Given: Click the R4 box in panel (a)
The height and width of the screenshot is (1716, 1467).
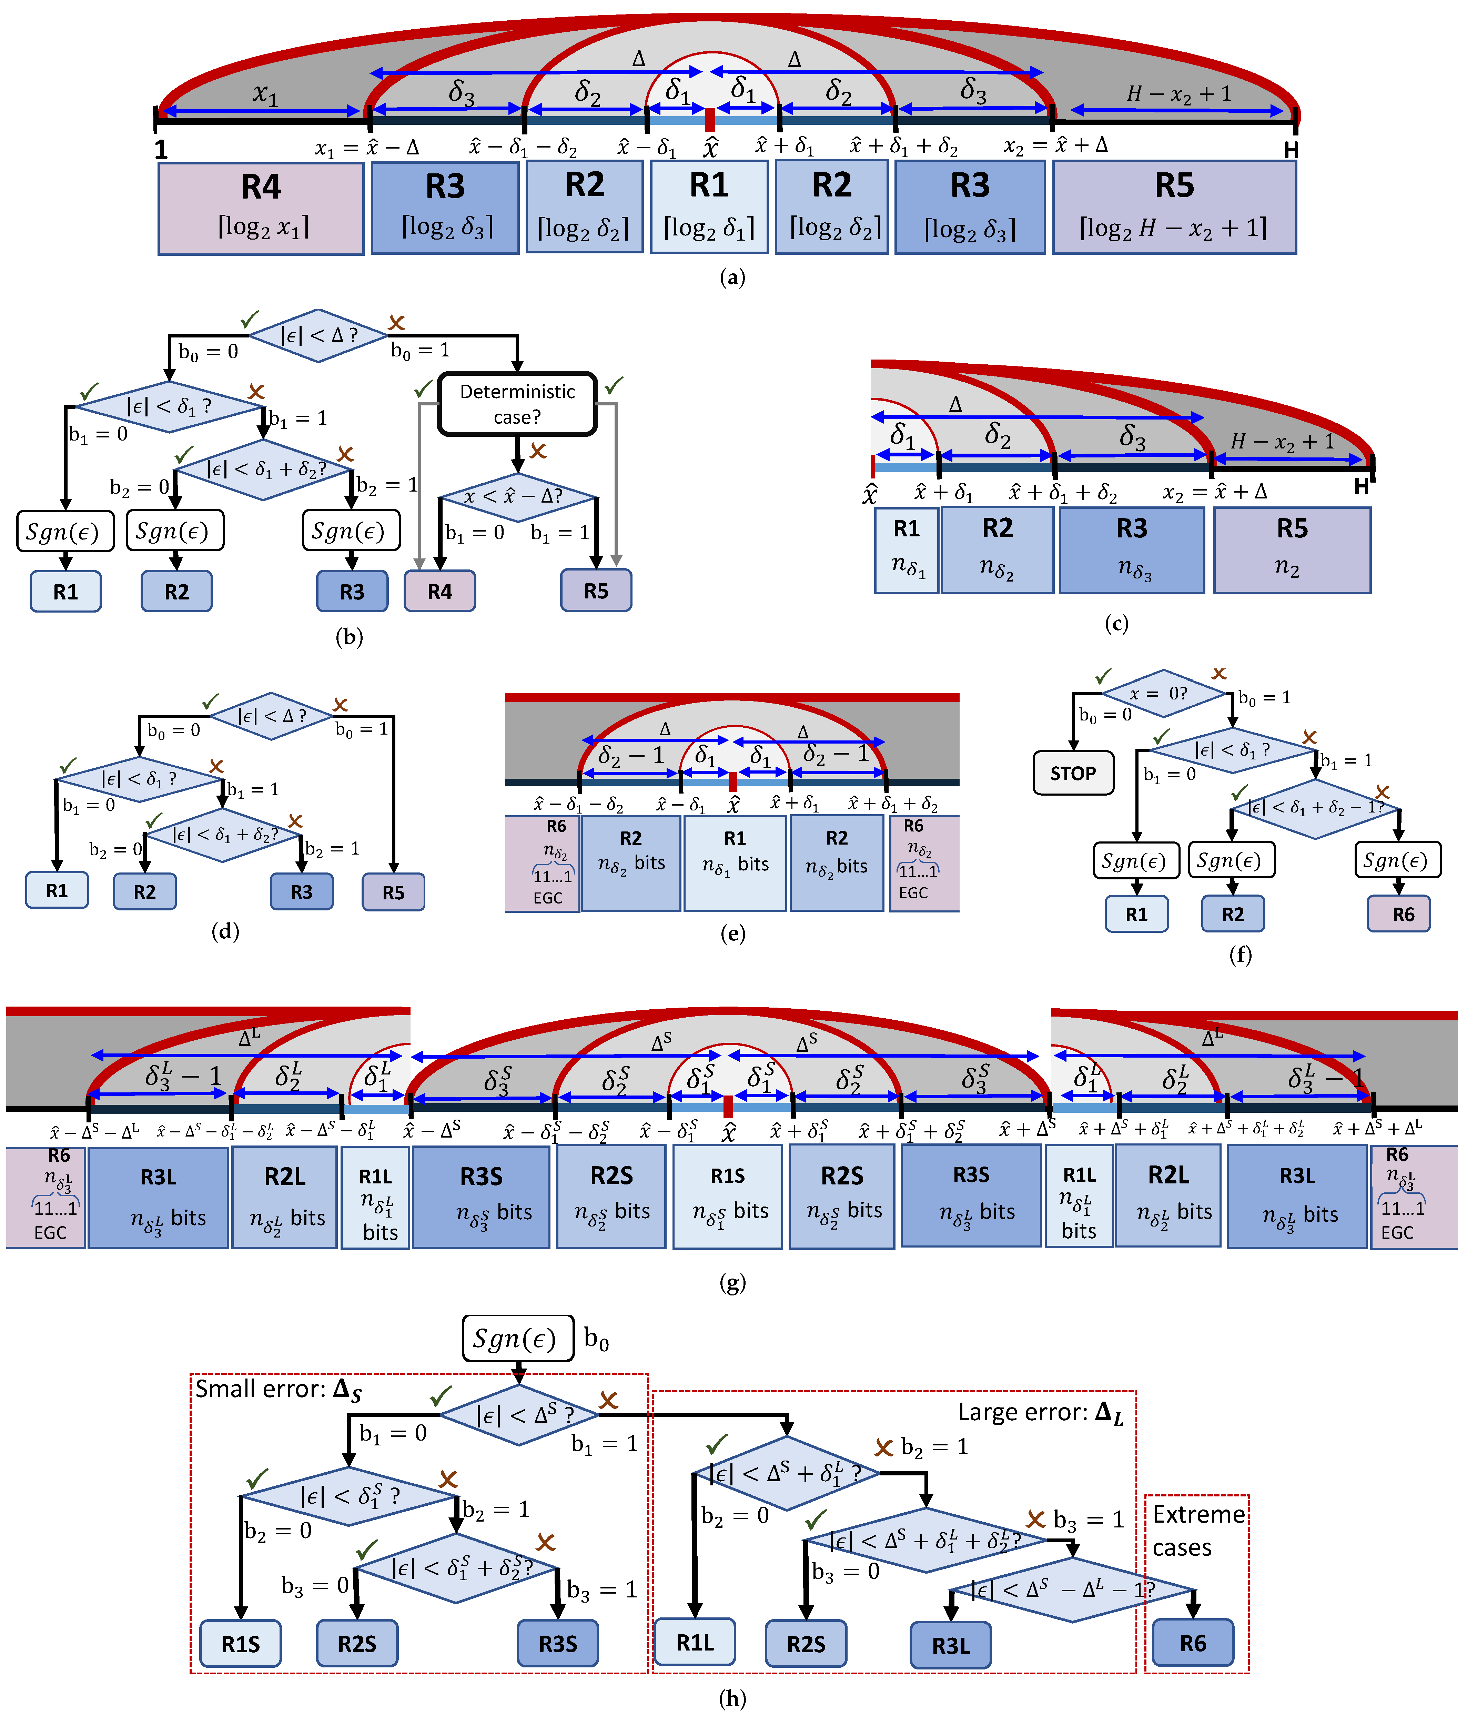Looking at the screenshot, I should (261, 208).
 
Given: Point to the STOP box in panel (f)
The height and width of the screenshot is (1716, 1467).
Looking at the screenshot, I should (1073, 773).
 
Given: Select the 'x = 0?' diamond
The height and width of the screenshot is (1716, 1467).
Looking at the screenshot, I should (1163, 694).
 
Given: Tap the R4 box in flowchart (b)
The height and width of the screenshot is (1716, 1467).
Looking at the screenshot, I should (440, 591).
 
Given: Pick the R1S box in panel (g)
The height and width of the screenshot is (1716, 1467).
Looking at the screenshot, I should (727, 1196).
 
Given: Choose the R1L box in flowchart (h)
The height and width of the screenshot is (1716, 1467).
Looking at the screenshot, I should (695, 1642).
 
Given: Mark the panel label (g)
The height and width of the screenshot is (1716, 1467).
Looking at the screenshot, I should (732, 1283).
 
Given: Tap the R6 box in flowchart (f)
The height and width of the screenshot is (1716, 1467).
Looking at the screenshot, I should (1403, 914).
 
